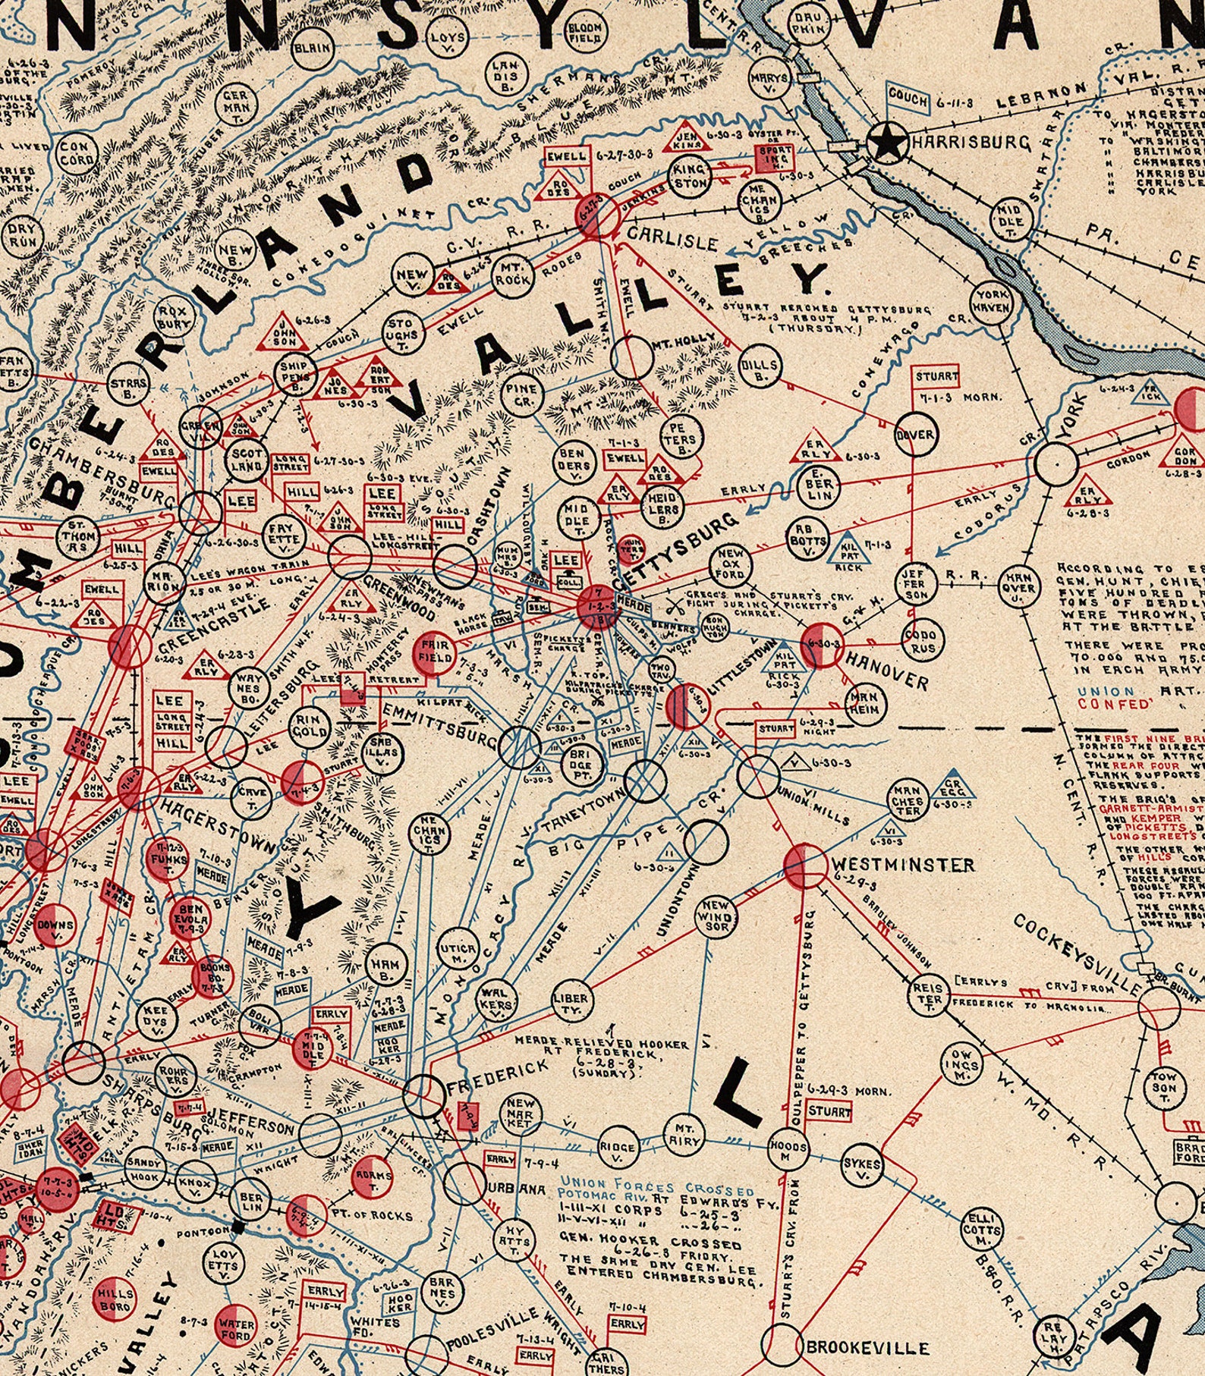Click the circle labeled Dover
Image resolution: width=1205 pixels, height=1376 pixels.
click(916, 435)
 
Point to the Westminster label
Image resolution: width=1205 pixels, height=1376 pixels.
click(902, 865)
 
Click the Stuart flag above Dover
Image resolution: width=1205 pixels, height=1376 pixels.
click(936, 377)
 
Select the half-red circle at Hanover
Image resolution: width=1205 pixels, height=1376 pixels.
click(821, 645)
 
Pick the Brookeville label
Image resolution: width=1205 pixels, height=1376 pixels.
click(867, 1348)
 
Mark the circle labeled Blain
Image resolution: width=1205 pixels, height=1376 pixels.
click(312, 47)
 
